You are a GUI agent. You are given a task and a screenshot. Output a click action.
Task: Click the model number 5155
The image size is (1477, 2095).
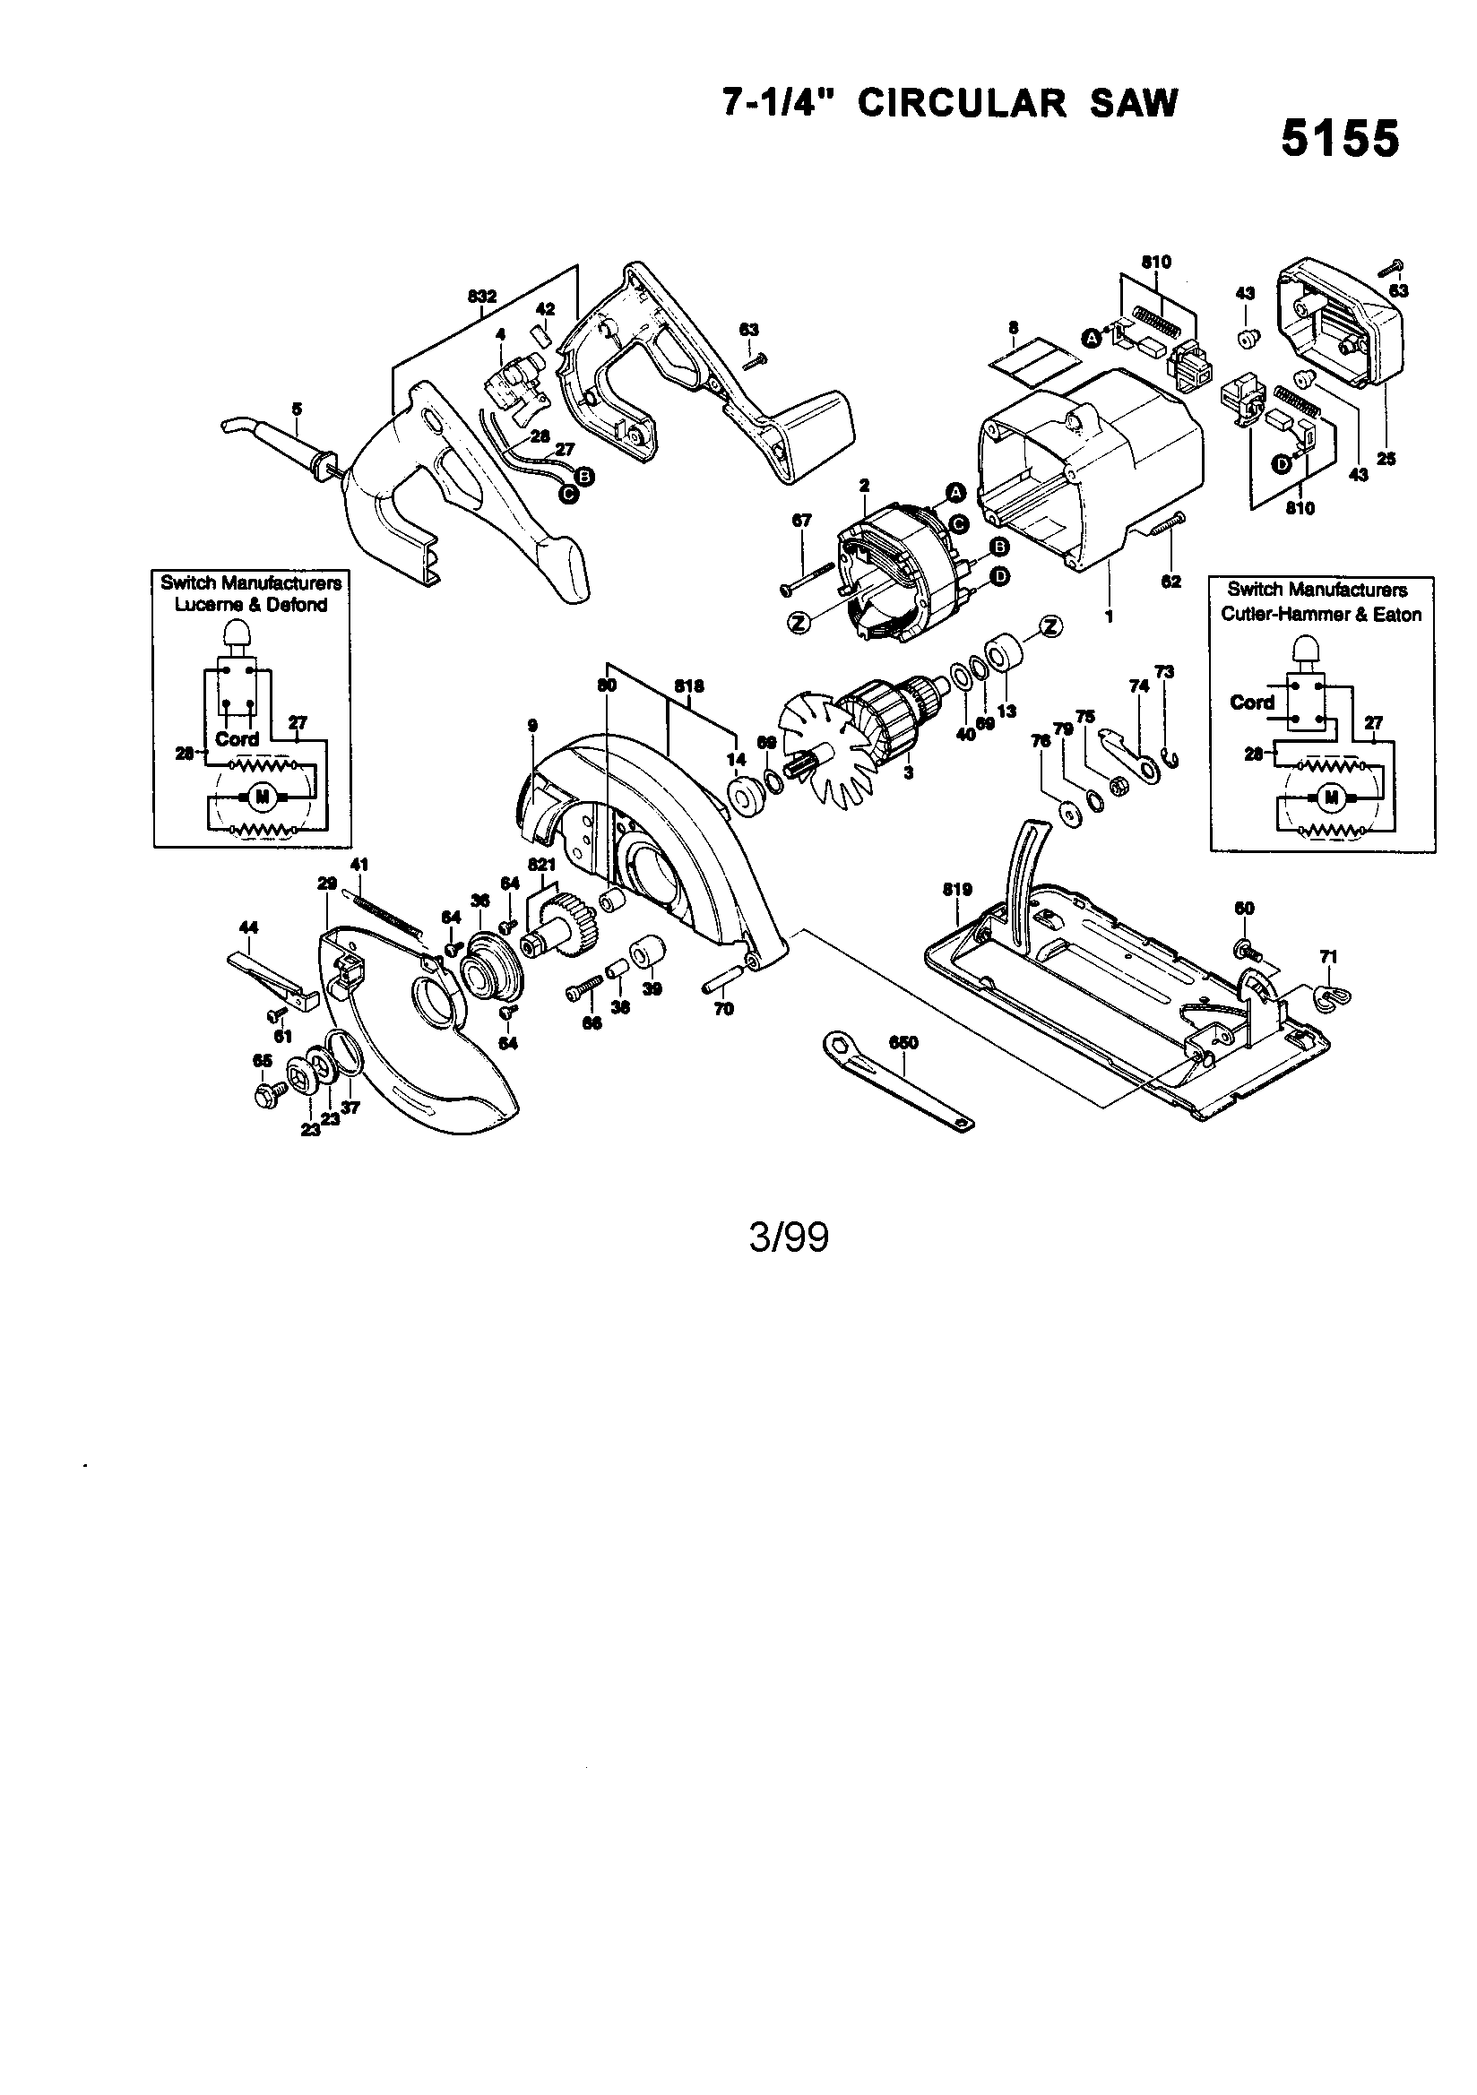1339,140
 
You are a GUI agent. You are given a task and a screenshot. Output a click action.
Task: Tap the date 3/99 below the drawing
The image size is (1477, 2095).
789,1238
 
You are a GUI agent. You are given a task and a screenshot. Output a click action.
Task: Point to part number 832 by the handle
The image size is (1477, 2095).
481,297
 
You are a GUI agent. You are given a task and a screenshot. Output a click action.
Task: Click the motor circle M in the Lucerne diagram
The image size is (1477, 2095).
263,797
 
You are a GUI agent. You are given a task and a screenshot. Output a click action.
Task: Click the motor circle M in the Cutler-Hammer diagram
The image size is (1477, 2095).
1331,797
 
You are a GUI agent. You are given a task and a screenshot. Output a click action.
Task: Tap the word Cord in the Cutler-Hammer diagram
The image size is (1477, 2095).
1251,703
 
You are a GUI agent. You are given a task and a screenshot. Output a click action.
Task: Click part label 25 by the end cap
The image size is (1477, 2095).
1386,459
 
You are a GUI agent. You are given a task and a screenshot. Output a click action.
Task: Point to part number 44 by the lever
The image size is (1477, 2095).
247,927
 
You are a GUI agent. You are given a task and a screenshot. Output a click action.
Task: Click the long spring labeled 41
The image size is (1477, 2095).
384,911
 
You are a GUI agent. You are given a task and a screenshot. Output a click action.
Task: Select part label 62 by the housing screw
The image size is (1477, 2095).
1172,582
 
